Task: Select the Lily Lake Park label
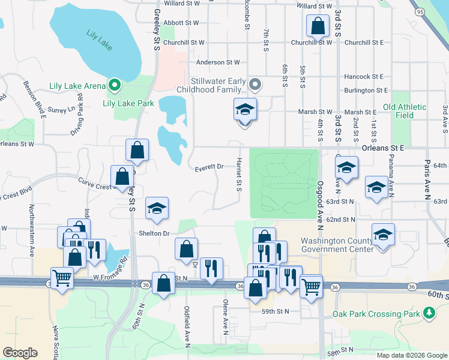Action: (128, 103)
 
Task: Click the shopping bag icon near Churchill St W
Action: (317, 26)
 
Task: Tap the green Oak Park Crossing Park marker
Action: (429, 313)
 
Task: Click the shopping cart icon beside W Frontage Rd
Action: (62, 279)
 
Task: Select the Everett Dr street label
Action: (209, 167)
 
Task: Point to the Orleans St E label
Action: (383, 147)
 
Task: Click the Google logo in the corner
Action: (20, 353)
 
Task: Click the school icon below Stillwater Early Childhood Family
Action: (245, 110)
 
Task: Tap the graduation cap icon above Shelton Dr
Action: (157, 208)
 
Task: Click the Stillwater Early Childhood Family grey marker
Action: (256, 84)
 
